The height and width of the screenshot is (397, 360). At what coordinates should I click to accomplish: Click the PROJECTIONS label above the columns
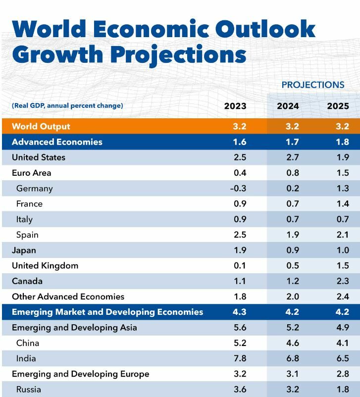(312, 85)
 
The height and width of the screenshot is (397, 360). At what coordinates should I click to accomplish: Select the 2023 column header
(235, 106)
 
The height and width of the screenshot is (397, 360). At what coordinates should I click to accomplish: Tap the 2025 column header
(338, 106)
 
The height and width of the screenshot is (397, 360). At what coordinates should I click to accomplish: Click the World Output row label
(41, 126)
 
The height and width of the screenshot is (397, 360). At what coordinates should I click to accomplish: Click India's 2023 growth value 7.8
(240, 358)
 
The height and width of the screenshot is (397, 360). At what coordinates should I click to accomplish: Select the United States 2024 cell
(292, 157)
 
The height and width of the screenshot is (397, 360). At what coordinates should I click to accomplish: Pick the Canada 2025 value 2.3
(342, 281)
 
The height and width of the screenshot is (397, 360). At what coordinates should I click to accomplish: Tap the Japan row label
(24, 250)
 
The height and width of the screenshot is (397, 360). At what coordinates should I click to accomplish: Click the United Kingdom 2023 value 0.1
(240, 266)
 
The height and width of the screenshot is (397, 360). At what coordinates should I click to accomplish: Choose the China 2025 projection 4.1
(342, 343)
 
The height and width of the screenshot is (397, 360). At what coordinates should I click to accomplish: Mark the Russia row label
(28, 390)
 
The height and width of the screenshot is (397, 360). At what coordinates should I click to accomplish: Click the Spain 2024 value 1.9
(292, 235)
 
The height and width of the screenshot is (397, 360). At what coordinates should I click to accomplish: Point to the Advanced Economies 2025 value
(342, 142)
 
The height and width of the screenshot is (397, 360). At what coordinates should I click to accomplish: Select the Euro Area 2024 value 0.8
(292, 173)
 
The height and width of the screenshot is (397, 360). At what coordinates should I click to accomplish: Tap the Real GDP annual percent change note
(67, 105)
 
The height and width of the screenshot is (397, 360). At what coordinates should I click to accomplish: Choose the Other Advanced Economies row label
(68, 297)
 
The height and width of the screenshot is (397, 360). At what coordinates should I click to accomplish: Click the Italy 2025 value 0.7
(342, 219)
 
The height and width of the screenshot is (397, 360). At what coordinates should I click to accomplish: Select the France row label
(29, 204)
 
